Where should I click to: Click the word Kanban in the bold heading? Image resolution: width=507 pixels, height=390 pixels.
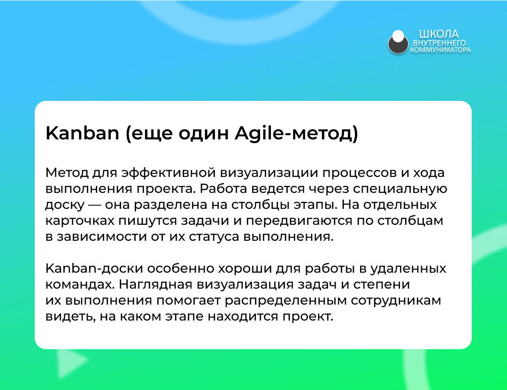(83, 133)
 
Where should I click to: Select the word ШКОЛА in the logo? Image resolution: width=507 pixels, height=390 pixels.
(439, 34)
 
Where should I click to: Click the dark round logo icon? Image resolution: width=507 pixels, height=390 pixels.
(398, 42)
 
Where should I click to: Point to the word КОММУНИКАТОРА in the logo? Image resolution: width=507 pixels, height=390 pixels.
(440, 50)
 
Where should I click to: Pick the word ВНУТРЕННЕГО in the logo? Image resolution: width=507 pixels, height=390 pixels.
(439, 43)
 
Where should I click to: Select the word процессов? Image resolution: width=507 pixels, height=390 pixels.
(359, 173)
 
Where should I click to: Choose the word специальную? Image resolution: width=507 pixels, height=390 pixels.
(400, 189)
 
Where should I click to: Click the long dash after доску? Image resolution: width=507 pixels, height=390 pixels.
(95, 205)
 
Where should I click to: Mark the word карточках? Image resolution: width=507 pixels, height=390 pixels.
(80, 221)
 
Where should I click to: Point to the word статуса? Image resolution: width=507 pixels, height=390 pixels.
(214, 237)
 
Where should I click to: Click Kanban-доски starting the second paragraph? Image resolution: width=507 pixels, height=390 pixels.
(94, 268)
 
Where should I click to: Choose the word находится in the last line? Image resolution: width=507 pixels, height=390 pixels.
(243, 316)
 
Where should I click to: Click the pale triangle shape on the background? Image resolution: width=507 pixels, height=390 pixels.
(70, 362)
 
